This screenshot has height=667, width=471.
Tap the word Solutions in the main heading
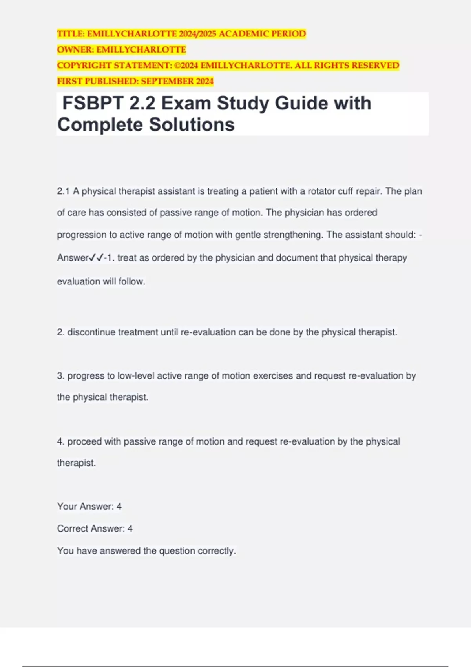coord(192,125)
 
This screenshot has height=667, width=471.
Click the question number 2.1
coord(63,191)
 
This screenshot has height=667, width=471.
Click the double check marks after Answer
coord(97,258)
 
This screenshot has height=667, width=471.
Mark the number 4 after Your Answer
coord(119,507)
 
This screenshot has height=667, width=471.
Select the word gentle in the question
coord(248,235)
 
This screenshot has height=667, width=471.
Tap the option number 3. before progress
coord(60,376)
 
